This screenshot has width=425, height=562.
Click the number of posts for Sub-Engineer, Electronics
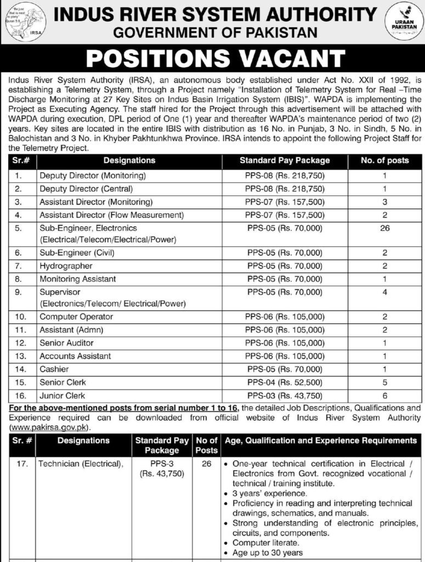pos(384,228)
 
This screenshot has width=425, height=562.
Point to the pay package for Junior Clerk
pos(285,395)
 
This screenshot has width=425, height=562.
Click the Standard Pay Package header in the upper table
pos(285,161)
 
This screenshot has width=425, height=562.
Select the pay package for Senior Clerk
pos(285,382)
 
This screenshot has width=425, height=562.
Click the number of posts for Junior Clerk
pos(384,395)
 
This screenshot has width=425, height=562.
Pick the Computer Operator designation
pos(76,317)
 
